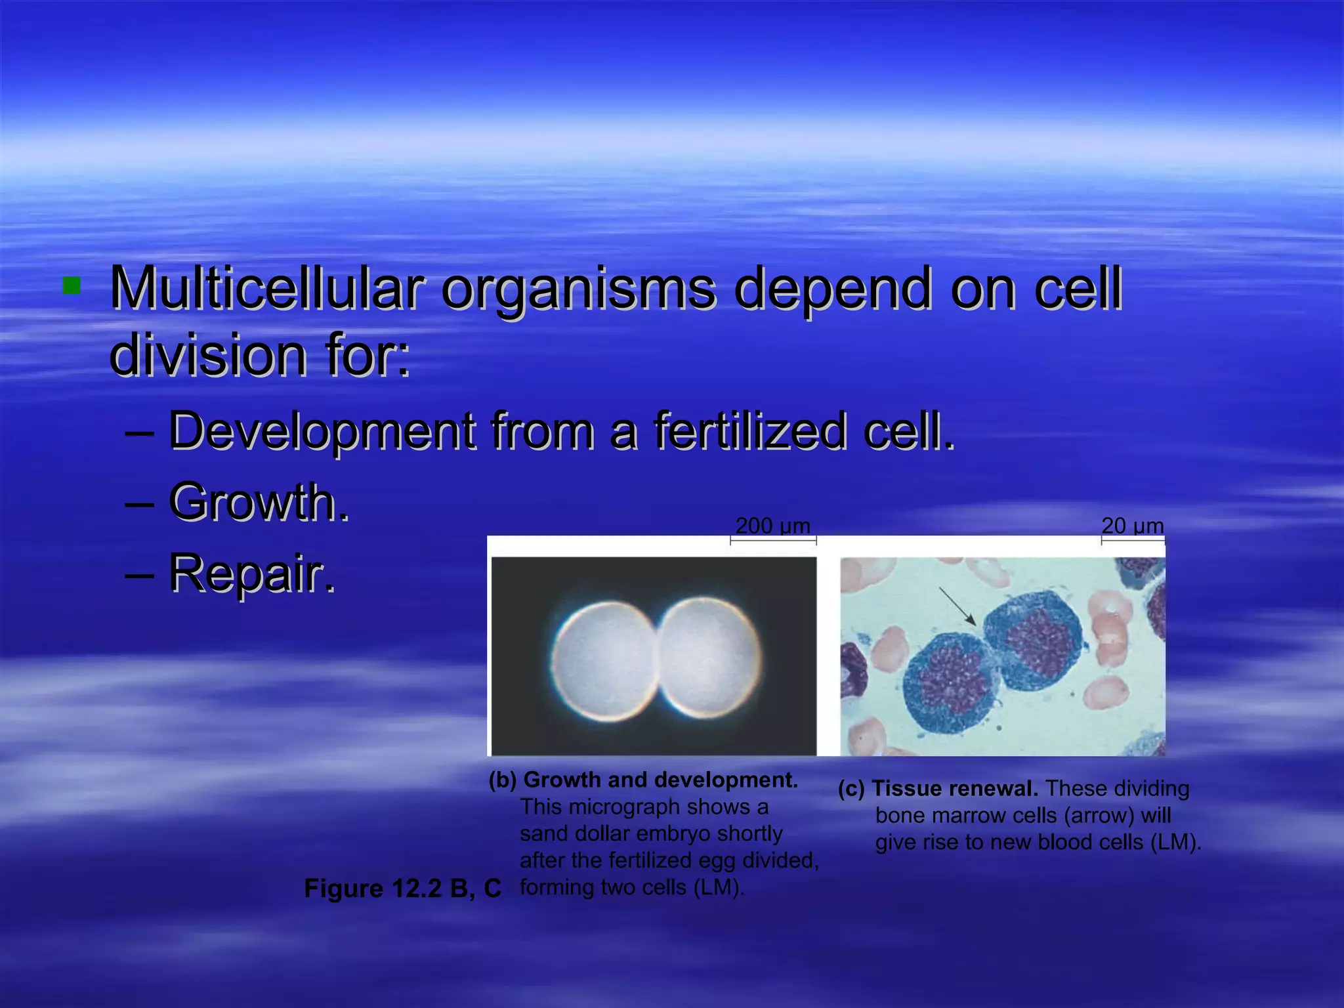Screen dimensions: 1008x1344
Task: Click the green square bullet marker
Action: click(x=71, y=286)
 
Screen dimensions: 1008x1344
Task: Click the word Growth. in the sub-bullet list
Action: click(x=259, y=503)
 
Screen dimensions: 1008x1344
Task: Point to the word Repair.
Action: click(x=252, y=574)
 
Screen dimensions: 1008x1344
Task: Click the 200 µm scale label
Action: click(x=772, y=526)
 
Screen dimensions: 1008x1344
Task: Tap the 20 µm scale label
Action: click(x=1132, y=526)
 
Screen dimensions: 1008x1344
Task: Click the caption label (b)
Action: click(x=503, y=780)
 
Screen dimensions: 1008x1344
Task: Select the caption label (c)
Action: click(x=851, y=789)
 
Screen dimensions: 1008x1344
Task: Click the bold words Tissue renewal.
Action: click(x=955, y=789)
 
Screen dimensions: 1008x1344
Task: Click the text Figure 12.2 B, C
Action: click(x=402, y=889)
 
